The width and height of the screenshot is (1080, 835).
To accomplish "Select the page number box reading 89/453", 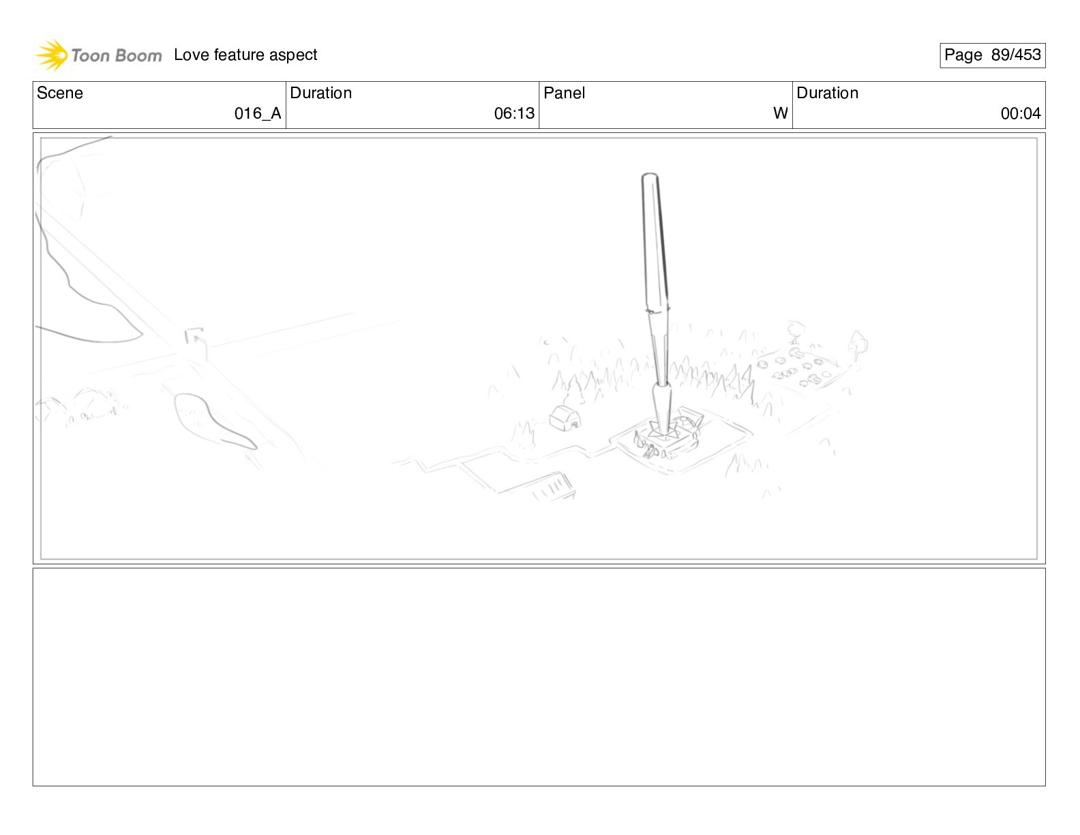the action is pos(992,55).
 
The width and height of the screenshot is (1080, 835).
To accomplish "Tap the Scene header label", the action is pos(59,93).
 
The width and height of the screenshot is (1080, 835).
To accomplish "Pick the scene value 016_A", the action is pos(258,113).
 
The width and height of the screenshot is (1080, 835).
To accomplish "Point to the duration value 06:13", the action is pos(514,113).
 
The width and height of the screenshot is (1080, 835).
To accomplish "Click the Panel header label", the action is pos(564,93).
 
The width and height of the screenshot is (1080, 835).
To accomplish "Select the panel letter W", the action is pos(780,113).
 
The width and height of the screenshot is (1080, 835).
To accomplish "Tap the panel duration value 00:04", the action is pos(1021,113).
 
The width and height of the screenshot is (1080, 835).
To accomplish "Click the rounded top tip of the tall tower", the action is pos(650,175).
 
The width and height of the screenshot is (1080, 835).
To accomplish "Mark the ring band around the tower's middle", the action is pos(657,311).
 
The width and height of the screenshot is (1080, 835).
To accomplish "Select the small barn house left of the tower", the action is pos(565,418).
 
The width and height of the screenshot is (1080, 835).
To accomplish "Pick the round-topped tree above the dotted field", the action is pos(796,332).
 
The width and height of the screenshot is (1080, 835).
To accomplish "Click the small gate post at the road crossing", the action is pos(196,343).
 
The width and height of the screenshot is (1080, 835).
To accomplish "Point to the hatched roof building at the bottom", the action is pos(552,486).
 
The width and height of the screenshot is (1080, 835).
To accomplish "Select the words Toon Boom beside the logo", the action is pos(117,55).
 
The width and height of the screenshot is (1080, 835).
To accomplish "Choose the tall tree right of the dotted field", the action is pos(858,346).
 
